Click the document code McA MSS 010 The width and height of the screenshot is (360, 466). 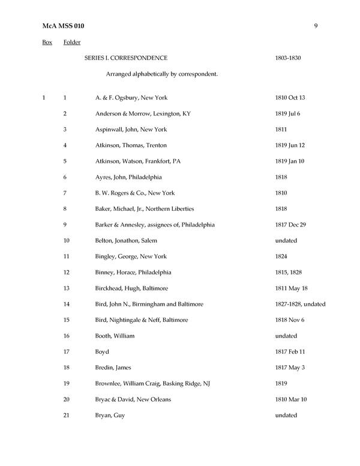tap(63, 26)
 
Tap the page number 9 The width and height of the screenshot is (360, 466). tap(316, 26)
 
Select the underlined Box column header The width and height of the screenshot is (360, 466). tap(47, 42)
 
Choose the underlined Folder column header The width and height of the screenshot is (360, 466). tap(72, 42)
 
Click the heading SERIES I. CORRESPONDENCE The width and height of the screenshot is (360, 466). tap(126, 58)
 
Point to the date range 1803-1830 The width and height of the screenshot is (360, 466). tap(288, 58)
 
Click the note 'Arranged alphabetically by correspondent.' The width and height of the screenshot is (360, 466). tap(161, 74)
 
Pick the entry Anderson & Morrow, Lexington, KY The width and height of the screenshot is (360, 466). tap(143, 113)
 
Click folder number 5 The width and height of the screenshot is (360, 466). tap(65, 161)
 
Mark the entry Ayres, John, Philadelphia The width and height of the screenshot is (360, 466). tap(128, 177)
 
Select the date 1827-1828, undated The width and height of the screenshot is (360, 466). tap(300, 304)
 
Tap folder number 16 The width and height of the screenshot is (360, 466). tap(67, 336)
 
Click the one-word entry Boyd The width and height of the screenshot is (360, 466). tap(102, 352)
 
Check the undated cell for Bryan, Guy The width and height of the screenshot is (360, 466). tap(286, 416)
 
